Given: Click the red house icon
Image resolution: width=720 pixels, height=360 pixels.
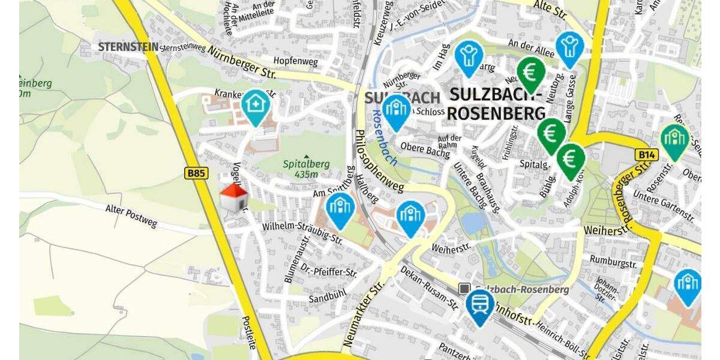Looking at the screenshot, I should point(234,198).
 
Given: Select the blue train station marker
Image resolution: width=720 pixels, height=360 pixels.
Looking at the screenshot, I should point(480,306).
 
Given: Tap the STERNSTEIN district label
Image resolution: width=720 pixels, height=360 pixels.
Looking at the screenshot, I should point(128,46).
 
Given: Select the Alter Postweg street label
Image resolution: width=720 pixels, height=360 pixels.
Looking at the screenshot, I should point(131,216).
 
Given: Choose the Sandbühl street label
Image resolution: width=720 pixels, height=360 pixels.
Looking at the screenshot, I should point(327,295).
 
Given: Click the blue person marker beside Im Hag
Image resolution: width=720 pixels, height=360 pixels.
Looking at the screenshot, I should point(469,57).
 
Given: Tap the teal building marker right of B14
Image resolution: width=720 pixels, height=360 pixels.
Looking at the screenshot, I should point(675,140).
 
